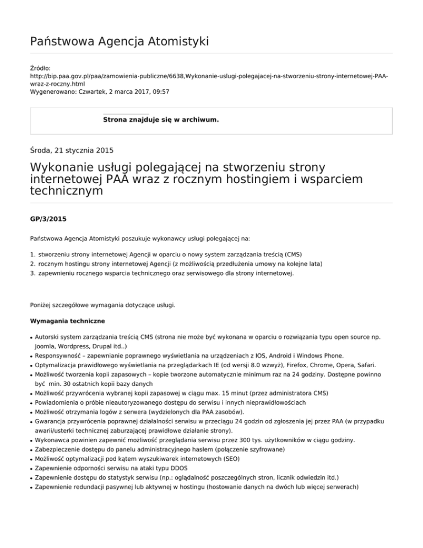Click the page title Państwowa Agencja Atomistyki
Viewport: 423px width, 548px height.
[119, 41]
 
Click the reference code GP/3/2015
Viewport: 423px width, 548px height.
[48, 219]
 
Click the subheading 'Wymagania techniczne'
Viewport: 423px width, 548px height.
[66, 320]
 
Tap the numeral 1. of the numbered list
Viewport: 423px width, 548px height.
[33, 254]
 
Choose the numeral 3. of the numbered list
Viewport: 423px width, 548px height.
[33, 273]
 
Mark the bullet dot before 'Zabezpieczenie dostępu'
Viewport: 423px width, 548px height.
[31, 450]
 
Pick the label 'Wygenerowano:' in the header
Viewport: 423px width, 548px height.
[51, 91]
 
